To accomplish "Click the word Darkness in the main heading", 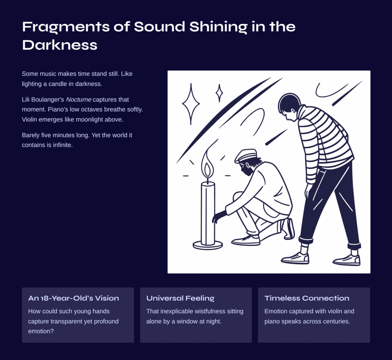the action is tap(59, 45).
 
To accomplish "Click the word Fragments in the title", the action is tap(66, 27).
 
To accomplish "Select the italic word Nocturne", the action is tap(78, 100).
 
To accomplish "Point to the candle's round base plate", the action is tap(208, 245).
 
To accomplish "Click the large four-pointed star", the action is tap(191, 103).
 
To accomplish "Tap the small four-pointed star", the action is tap(219, 93).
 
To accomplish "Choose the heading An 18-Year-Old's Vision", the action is tap(73, 298).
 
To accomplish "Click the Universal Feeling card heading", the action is tap(180, 298).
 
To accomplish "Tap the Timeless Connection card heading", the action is tap(307, 298).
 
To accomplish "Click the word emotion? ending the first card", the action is tap(41, 331).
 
